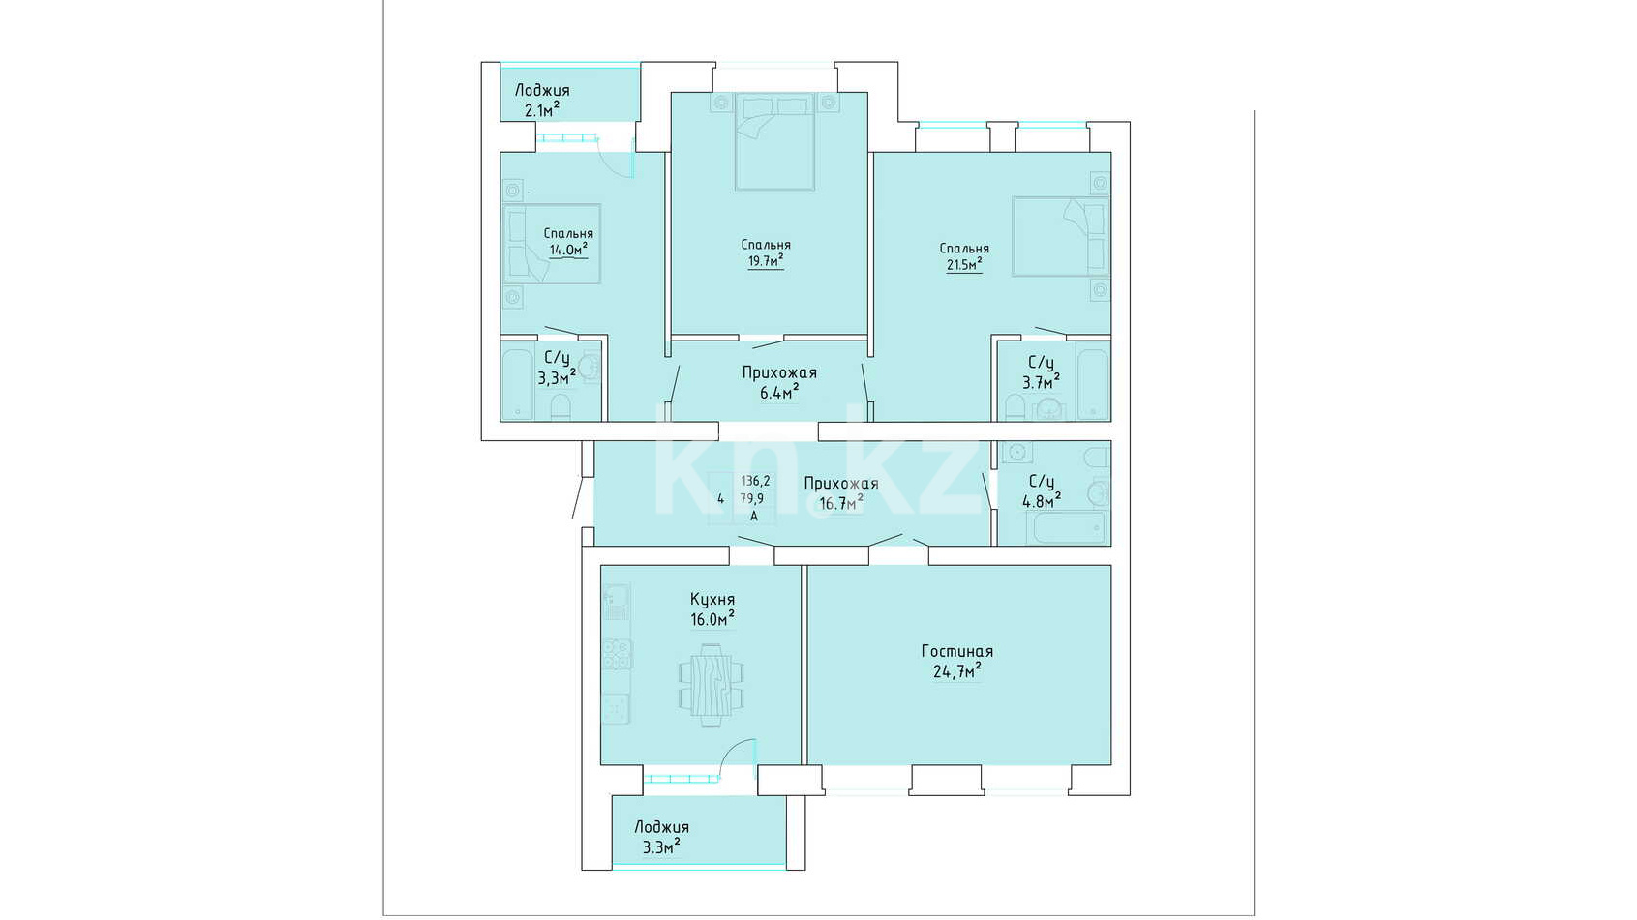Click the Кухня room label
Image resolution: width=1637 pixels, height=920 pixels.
coord(712,600)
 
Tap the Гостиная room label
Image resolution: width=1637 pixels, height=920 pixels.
coord(956,651)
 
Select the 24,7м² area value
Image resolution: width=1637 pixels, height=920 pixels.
coord(956,670)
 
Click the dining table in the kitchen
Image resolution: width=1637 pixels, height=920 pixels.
coord(712,685)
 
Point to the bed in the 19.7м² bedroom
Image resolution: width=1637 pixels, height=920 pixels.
coord(774,141)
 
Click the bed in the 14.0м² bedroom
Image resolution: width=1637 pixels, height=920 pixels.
coord(552,243)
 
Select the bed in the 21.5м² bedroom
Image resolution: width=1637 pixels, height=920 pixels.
coord(1060,236)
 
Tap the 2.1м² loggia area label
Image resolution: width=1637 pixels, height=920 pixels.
coord(541,110)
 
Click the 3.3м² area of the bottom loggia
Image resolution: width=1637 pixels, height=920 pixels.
coord(661,847)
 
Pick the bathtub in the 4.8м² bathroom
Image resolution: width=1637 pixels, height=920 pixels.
coord(1066,527)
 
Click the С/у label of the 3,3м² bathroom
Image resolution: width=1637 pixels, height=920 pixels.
coord(556,358)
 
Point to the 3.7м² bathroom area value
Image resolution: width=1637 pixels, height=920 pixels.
coord(1041,382)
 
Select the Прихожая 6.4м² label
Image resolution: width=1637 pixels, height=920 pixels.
coord(779,382)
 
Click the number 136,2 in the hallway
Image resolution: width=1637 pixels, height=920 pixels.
coord(756,481)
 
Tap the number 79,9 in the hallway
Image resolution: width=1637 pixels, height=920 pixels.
coord(752,499)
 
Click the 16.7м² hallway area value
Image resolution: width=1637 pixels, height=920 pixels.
coord(841,503)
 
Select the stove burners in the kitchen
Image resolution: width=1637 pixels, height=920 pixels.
coord(617,654)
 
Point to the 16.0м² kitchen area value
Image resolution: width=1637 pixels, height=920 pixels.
coord(712,619)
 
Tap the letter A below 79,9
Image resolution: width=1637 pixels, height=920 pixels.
coord(754,517)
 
